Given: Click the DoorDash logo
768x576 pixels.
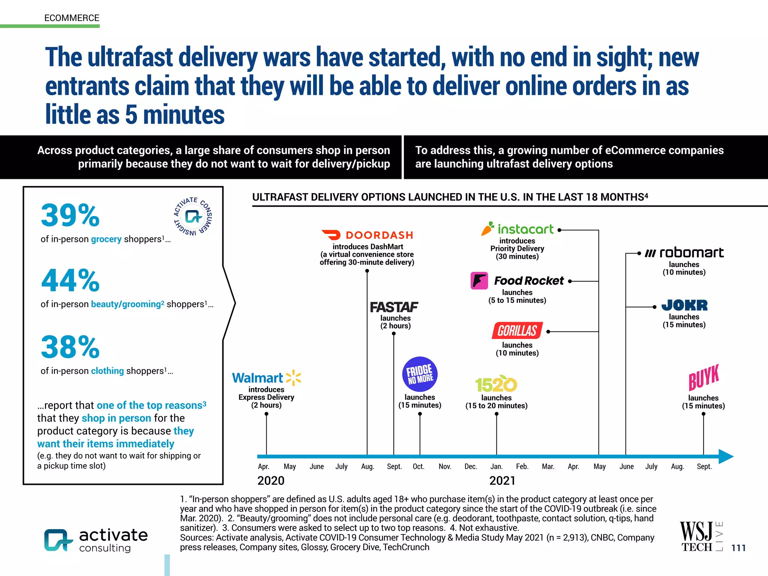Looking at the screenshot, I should click(367, 235).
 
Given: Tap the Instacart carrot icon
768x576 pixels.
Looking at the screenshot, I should click(487, 228).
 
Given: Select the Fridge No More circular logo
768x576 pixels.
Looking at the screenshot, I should click(420, 374).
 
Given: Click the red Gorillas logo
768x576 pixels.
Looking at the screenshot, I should click(517, 330).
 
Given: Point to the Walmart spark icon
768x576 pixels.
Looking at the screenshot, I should click(294, 378).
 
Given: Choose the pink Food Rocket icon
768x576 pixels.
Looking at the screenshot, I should click(479, 280).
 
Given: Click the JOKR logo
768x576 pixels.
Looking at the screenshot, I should click(684, 305).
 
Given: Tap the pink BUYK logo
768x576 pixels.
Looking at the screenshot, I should click(703, 377).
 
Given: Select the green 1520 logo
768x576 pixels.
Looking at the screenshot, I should click(496, 384).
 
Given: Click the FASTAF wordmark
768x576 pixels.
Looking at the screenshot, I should click(394, 307).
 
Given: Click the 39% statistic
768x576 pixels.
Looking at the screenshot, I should click(70, 215).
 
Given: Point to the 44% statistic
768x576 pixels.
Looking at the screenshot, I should click(70, 280).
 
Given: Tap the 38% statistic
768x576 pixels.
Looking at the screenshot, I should click(70, 347).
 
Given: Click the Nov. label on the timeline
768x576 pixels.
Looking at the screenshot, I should click(445, 466).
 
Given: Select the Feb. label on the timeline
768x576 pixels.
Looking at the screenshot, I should click(522, 466).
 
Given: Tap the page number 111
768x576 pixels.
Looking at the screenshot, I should click(738, 548).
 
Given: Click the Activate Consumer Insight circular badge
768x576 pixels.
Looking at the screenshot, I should click(193, 216).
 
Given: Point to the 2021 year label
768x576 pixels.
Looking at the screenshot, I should click(502, 481).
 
